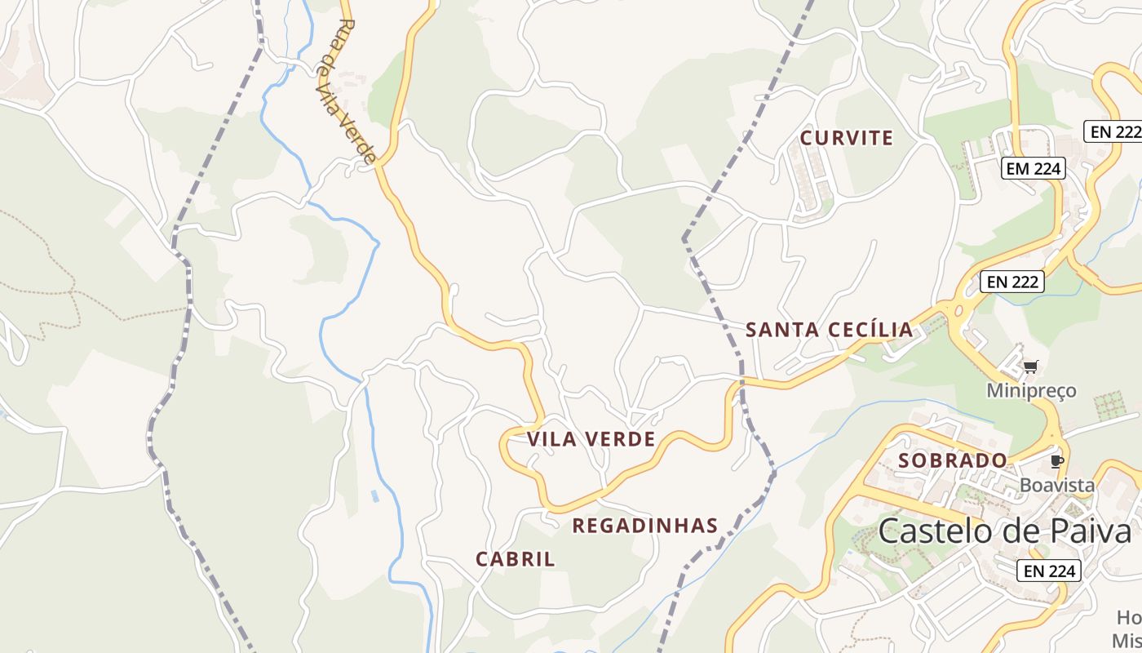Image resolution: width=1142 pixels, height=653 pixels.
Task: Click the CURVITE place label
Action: point(846,138)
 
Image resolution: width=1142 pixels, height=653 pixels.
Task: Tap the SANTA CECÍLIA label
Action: point(829,330)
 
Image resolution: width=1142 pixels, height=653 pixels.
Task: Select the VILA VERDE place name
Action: point(591,439)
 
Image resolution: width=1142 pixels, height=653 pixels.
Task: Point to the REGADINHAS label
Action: point(644,526)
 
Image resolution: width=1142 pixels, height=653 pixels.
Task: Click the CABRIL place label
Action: point(515,559)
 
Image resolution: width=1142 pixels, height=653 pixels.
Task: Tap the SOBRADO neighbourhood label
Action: point(952,460)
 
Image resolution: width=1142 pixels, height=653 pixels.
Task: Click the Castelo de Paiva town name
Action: point(1005,531)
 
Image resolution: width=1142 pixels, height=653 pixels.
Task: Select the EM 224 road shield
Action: point(1034,169)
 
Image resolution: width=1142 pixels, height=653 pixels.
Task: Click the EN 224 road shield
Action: point(1049,571)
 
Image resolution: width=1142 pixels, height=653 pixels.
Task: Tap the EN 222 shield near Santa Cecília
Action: point(1012,282)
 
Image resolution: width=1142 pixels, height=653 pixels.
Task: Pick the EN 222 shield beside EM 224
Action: point(1113,131)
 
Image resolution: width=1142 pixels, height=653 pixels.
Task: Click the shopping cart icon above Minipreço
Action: point(1031,366)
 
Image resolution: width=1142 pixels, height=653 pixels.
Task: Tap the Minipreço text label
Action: point(1031,390)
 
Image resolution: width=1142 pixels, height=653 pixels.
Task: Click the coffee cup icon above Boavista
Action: point(1057,461)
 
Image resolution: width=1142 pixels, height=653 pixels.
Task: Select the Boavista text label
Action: point(1057,485)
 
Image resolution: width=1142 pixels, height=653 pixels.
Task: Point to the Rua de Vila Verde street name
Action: point(347,90)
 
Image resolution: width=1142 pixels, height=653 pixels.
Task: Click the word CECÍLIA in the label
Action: point(870,330)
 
